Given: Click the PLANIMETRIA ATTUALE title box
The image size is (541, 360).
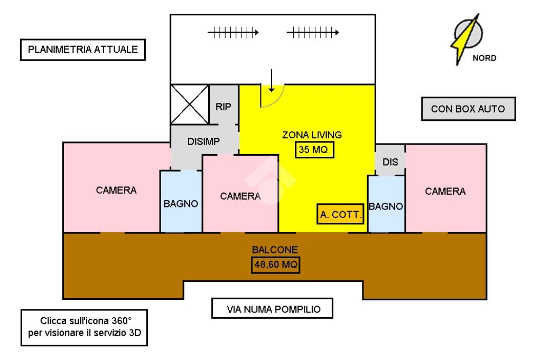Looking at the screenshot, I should tap(82, 50).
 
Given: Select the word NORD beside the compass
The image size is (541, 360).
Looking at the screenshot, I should tap(483, 59).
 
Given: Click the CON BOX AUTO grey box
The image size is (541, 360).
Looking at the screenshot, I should tap(468, 109).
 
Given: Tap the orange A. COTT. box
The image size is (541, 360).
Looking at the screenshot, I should tap(341, 215).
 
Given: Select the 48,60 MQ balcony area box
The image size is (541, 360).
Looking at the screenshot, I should tap(275, 264).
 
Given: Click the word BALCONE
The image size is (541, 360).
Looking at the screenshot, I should tap(275, 250).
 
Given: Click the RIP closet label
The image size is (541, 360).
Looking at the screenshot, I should tap(223, 106).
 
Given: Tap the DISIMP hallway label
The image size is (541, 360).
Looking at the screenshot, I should tap(203, 141).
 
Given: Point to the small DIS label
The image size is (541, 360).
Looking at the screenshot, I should tap(390, 163).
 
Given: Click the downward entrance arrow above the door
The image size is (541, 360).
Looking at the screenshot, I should tap(271, 79).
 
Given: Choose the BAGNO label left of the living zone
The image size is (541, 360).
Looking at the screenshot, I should tap(181, 203).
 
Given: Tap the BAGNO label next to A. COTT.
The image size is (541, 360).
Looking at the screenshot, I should tap(386, 207).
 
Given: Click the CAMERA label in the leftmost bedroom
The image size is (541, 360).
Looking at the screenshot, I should tap(116, 190).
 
